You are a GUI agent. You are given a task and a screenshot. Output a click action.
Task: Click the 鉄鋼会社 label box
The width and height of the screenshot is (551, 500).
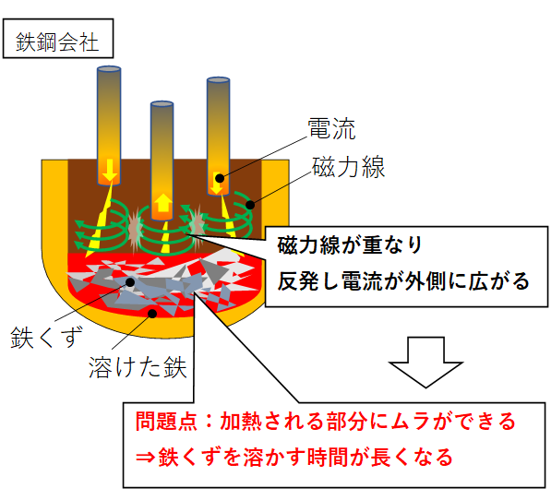pos(58,38)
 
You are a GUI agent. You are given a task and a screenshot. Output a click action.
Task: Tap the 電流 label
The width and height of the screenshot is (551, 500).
pos(331,128)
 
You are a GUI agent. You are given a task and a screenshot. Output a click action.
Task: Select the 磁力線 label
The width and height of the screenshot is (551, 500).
pos(348,167)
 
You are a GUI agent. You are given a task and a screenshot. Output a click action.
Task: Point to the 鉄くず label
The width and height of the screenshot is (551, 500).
pos(47,337)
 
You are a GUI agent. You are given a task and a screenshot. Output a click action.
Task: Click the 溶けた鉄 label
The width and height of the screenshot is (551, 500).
pos(138,367)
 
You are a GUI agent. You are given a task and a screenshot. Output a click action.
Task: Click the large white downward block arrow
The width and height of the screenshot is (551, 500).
pos(425,362)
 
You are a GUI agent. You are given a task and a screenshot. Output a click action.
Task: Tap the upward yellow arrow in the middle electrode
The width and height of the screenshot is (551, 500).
pos(162,203)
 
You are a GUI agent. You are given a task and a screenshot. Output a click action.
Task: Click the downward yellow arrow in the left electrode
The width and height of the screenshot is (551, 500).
pos(110,170)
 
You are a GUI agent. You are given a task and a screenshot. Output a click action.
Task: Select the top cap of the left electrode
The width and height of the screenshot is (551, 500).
pos(109,69)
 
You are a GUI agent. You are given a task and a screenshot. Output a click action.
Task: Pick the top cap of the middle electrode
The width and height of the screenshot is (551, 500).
pos(162,104)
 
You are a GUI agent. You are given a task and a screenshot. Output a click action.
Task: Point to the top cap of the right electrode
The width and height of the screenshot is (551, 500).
pos(218,79)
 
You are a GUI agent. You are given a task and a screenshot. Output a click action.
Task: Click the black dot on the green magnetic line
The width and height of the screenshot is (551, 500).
pos(250,205)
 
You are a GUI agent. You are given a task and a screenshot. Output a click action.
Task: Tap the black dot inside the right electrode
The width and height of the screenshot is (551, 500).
pos(220,178)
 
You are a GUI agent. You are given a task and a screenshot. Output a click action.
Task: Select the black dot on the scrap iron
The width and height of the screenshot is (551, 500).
pos(130,282)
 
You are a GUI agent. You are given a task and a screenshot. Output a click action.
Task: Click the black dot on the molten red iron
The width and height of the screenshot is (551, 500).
pos(152,314)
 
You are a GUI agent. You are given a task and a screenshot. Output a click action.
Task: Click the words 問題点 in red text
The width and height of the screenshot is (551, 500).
pos(166,421)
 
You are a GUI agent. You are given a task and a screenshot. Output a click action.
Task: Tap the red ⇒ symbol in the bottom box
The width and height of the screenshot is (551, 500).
pos(146,458)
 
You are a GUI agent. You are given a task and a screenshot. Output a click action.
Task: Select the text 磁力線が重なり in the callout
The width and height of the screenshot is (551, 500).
pos(350,244)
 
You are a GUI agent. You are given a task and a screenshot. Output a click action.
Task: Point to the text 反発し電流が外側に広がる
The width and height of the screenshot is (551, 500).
pos(403,281)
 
